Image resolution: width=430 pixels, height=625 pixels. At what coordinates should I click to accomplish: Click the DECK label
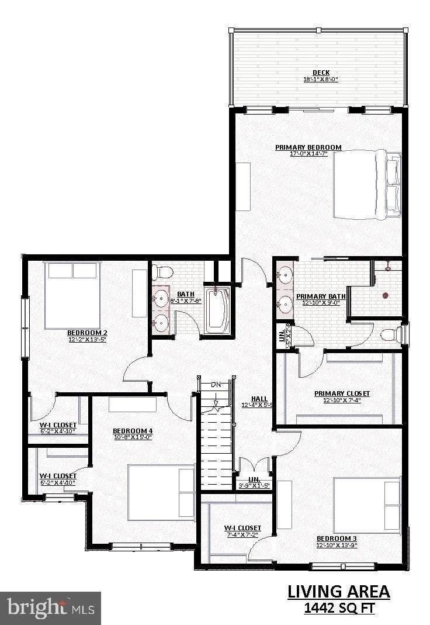pyautogui.click(x=321, y=72)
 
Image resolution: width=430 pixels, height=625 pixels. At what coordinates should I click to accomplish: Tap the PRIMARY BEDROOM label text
pyautogui.click(x=308, y=147)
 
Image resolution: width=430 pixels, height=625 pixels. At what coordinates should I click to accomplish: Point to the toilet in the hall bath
pyautogui.click(x=162, y=272)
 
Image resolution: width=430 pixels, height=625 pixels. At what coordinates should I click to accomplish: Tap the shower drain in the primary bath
pyautogui.click(x=385, y=295)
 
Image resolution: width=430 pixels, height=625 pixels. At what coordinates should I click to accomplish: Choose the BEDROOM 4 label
pyautogui.click(x=133, y=431)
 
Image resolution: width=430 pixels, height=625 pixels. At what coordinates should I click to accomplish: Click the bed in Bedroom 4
pyautogui.click(x=161, y=492)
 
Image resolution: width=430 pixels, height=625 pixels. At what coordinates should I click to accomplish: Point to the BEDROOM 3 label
pyautogui.click(x=337, y=538)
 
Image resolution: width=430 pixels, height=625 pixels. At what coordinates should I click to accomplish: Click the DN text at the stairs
pyautogui.click(x=216, y=385)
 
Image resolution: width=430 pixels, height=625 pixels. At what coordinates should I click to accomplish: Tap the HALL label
pyautogui.click(x=259, y=399)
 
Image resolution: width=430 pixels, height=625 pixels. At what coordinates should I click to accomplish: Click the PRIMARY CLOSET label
pyautogui.click(x=342, y=393)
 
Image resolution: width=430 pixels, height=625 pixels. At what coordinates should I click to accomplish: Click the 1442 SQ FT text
pyautogui.click(x=339, y=609)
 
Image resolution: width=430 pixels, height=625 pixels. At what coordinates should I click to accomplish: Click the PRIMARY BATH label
pyautogui.click(x=321, y=296)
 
